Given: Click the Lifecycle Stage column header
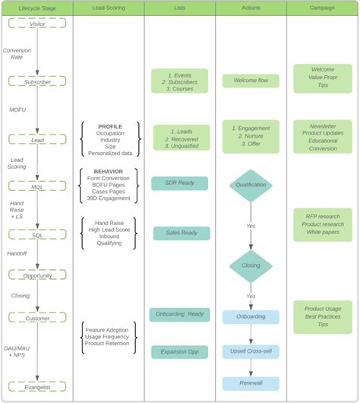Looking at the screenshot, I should (x=36, y=8).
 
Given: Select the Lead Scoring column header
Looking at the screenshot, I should (x=109, y=8).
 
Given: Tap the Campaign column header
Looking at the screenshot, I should (x=322, y=8).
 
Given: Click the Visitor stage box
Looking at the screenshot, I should (x=36, y=24).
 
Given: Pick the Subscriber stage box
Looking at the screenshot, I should (x=36, y=81).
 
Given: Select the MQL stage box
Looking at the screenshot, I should (x=36, y=186).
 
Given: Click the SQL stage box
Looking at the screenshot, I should (x=36, y=236).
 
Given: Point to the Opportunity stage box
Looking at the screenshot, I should (x=36, y=275).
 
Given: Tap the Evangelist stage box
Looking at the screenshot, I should (x=36, y=386).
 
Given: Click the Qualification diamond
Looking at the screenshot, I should (x=251, y=185).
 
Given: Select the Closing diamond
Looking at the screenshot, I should (x=251, y=266).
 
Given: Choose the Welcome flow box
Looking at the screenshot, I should (x=251, y=81).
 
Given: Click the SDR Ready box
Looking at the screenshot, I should (x=181, y=182).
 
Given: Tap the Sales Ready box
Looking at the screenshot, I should (x=181, y=233).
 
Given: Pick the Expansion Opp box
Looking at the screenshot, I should (x=179, y=352).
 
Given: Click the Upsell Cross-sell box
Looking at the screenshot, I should (x=251, y=351).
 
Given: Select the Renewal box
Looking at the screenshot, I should (x=251, y=383).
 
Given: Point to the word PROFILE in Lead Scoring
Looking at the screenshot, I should (x=110, y=125).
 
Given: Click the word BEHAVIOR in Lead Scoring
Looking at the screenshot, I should (x=110, y=173).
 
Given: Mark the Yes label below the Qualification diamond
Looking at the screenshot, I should (x=251, y=226).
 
